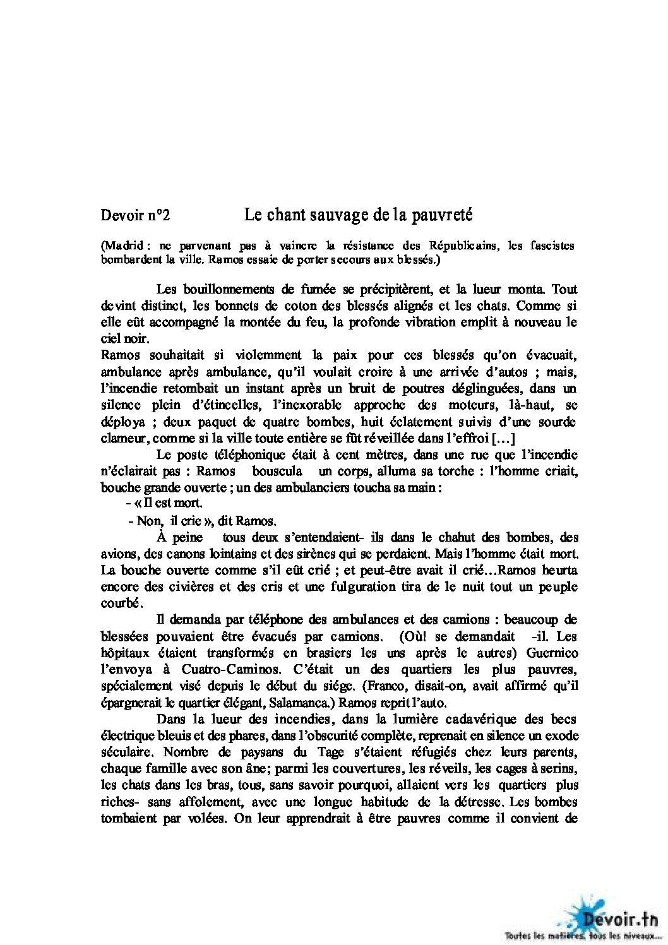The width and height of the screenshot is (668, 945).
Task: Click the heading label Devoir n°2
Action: click(x=135, y=216)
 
